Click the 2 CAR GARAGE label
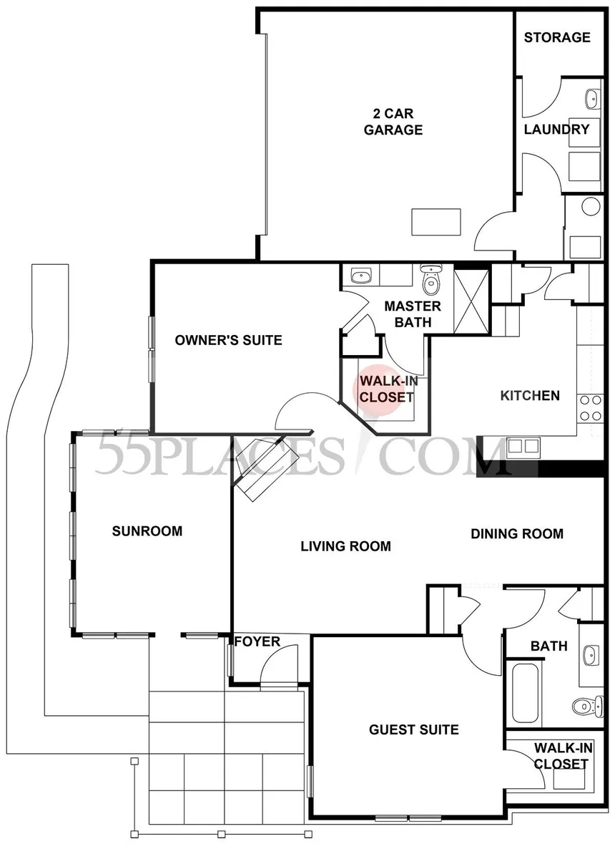tap(393, 122)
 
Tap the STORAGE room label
tap(557, 37)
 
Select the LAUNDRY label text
tap(556, 130)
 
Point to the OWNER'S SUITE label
tap(228, 340)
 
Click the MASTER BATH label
tap(413, 314)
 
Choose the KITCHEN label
tap(529, 395)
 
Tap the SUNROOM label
tap(147, 531)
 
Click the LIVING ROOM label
tap(345, 546)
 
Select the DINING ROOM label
tap(516, 533)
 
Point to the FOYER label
tap(257, 641)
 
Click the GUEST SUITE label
tap(413, 729)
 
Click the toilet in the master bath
tap(431, 281)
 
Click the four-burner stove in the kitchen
tap(590, 408)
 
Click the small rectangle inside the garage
tap(436, 222)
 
